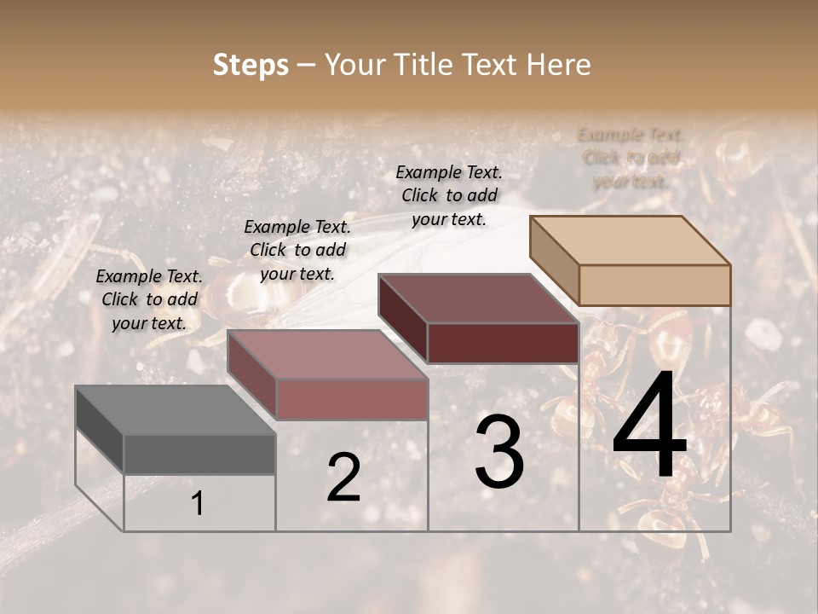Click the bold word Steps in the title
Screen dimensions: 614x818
pos(251,65)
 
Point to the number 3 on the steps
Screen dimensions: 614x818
pos(499,453)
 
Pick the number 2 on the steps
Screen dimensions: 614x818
pos(343,478)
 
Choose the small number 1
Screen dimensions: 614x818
pos(198,504)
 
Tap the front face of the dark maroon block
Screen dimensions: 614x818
pos(503,343)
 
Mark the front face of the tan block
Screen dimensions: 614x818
pos(654,285)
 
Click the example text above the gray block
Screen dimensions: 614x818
pos(149,300)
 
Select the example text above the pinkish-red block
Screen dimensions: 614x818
pos(297,250)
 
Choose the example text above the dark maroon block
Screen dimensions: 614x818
pos(449,195)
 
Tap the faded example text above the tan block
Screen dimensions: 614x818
pos(631,158)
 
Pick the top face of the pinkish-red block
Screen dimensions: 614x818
pos(327,355)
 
